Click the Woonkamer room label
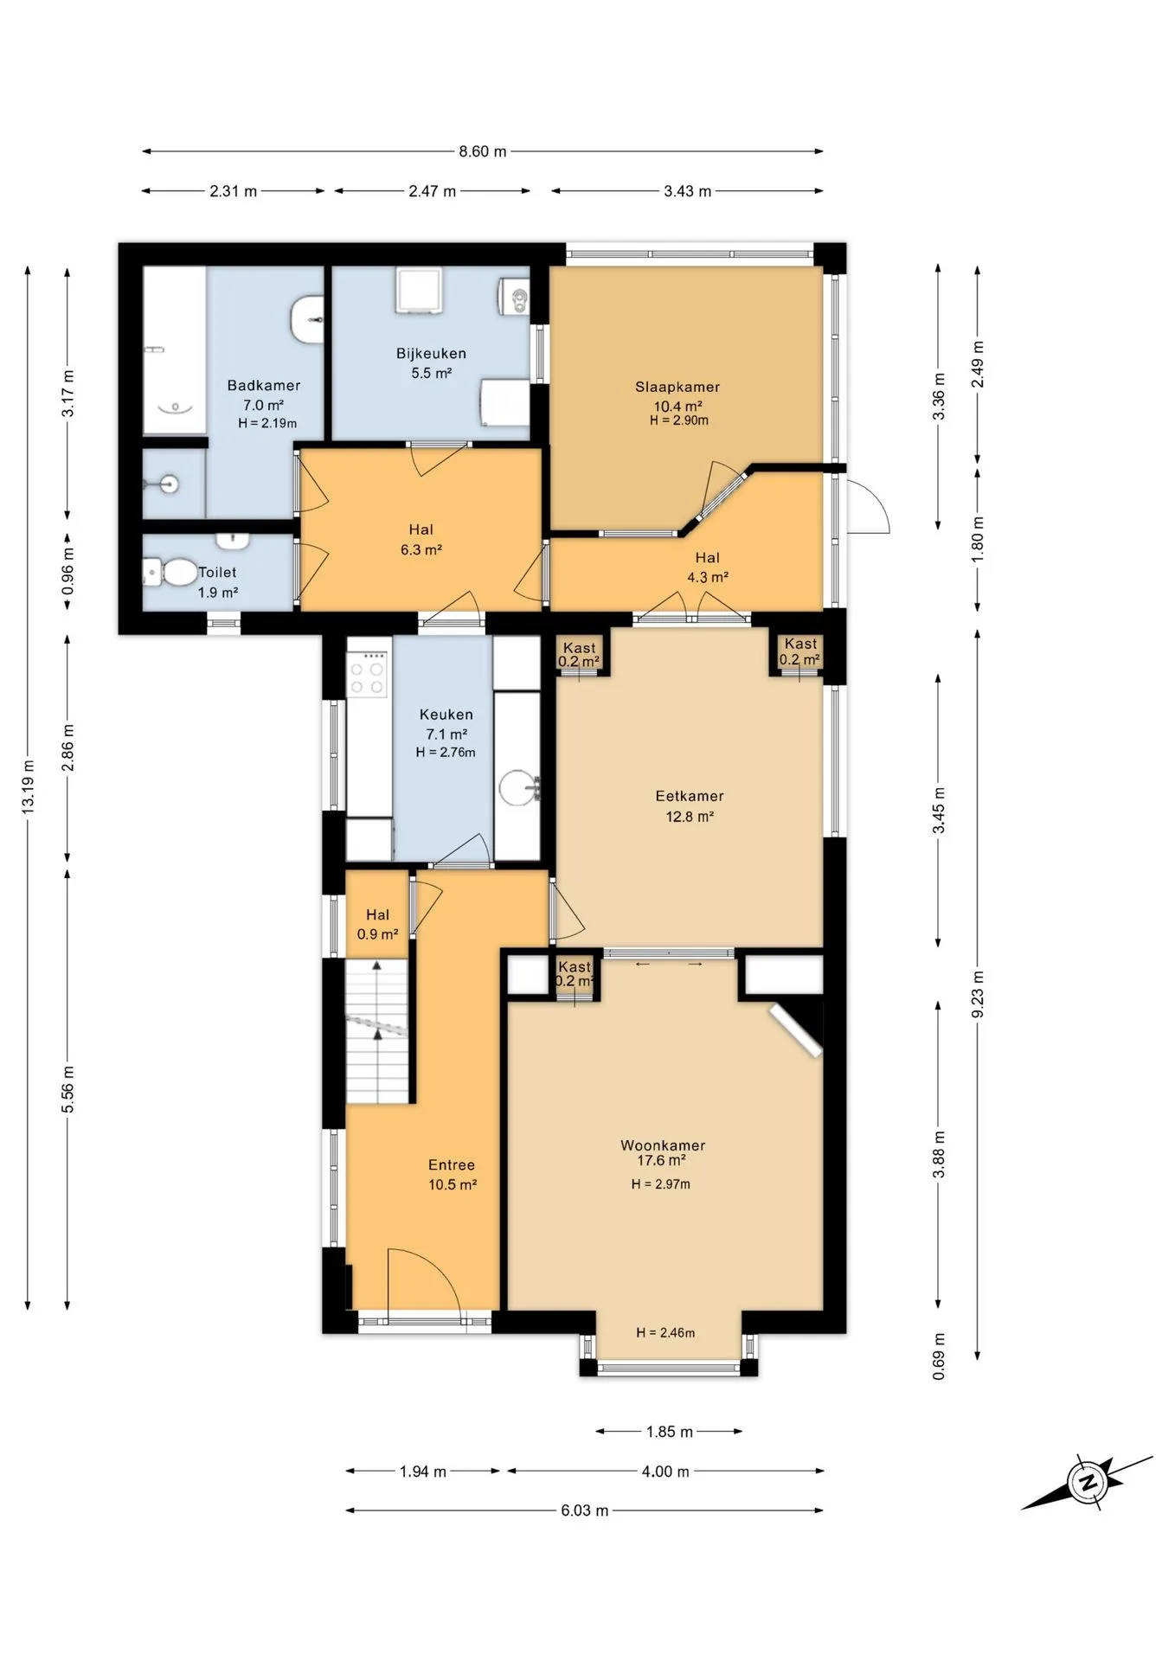click(x=663, y=1145)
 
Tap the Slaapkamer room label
click(x=677, y=387)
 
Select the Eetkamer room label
click(x=690, y=796)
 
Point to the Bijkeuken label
click(x=431, y=354)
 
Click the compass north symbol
click(x=1087, y=1482)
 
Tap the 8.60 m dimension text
click(x=483, y=151)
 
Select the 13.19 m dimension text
click(x=29, y=786)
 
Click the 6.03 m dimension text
click(x=585, y=1510)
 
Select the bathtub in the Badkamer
click(x=174, y=350)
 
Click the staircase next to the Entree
click(x=377, y=1030)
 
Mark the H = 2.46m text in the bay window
click(x=665, y=1333)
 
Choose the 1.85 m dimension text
click(x=670, y=1432)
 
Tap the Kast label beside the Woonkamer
click(x=575, y=967)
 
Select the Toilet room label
click(x=217, y=573)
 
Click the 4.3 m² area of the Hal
click(x=708, y=577)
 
